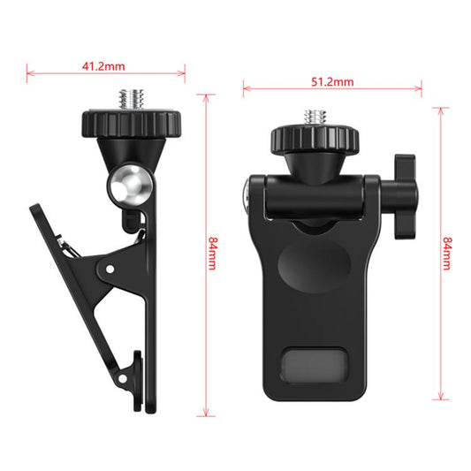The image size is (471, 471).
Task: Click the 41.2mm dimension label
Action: (x=106, y=65)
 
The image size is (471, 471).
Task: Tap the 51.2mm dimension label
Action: (x=332, y=81)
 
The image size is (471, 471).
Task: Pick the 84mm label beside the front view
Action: (x=450, y=254)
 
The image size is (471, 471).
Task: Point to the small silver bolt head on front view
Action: (x=245, y=192)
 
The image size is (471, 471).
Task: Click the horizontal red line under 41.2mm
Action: (x=106, y=73)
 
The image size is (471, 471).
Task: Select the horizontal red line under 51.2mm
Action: (x=332, y=88)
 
